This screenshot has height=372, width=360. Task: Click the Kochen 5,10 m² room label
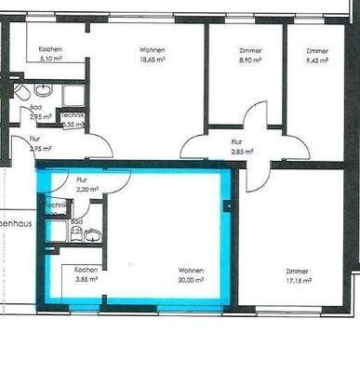[x=50, y=53]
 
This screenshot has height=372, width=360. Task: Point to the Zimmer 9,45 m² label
[x=317, y=53]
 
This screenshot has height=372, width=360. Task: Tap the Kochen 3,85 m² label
[x=87, y=273]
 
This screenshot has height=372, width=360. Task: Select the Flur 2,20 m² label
[x=85, y=184]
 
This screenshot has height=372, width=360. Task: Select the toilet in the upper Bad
[x=20, y=94]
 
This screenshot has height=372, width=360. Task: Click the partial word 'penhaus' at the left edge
[x=16, y=224]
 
